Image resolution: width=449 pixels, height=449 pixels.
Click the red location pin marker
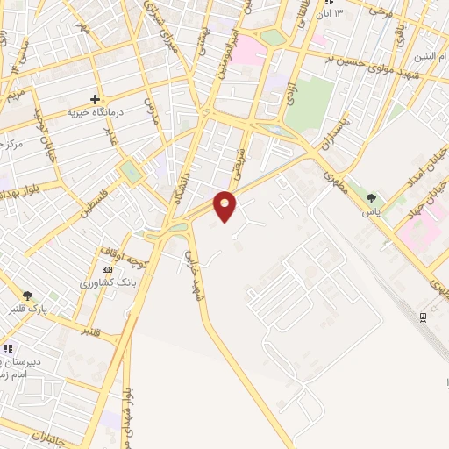tap(225, 205)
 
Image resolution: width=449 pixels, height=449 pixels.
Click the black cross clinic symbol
tap(95, 99)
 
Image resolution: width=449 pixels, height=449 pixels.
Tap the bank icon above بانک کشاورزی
tap(107, 269)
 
